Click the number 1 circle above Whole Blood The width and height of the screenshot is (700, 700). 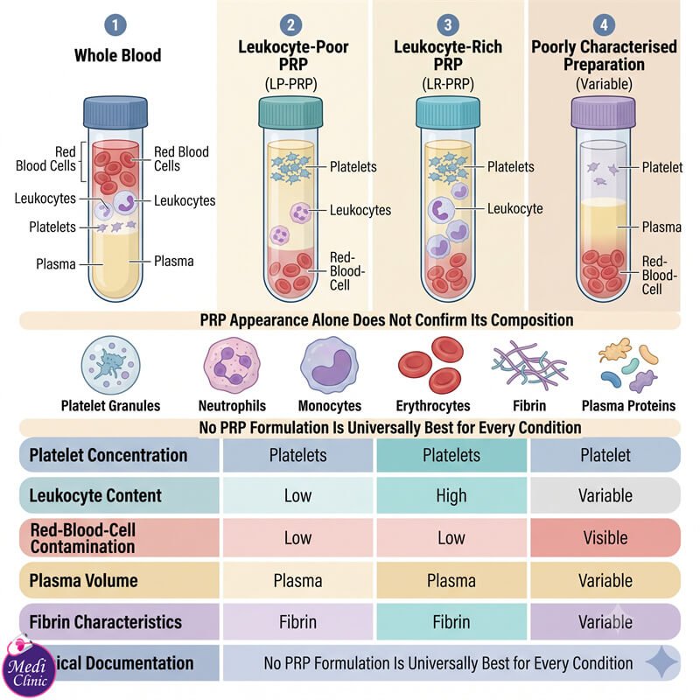[115, 25]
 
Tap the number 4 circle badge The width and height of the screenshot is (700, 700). [604, 25]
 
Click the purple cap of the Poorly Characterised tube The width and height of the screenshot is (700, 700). [604, 113]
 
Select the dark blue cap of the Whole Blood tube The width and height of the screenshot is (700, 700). [115, 112]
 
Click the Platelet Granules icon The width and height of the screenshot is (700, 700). [111, 365]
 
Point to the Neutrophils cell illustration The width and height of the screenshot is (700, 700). [232, 365]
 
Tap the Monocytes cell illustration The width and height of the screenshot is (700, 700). [330, 365]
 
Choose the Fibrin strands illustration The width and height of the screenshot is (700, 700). [529, 362]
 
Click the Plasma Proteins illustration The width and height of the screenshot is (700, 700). [628, 365]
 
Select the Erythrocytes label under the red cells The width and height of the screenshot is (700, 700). [433, 406]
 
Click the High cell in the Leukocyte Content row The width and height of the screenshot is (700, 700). [451, 495]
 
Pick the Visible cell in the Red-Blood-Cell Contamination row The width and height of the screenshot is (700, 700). [605, 537]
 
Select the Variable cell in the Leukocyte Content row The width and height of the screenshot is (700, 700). [605, 495]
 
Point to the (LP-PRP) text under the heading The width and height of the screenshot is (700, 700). [291, 84]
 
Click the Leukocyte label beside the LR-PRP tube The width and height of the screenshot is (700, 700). [514, 208]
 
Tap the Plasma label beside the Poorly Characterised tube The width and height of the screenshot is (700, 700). [661, 227]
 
